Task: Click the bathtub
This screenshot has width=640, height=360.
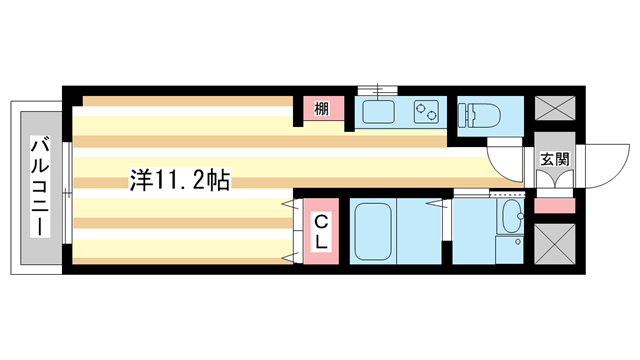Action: [375, 231]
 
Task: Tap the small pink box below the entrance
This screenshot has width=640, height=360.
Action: [551, 205]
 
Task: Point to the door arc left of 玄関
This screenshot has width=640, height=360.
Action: [508, 160]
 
